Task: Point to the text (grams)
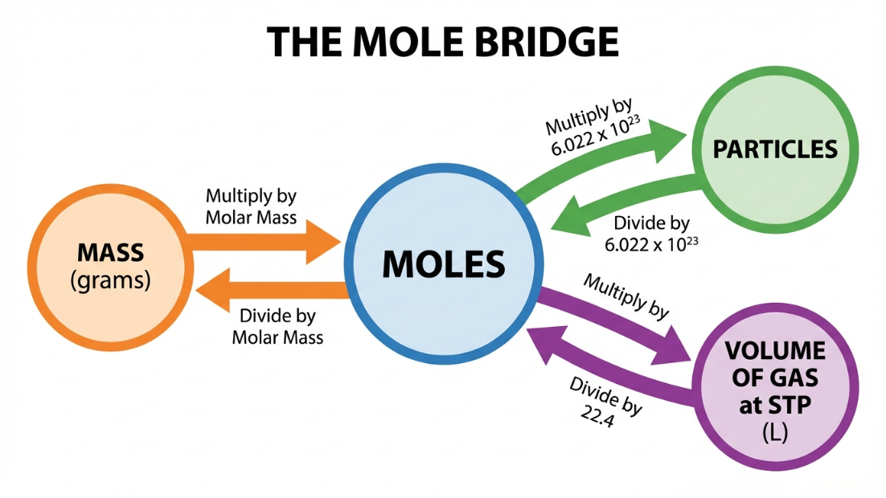[110, 281]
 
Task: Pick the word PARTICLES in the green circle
[775, 149]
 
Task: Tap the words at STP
[775, 404]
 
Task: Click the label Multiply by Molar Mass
[251, 206]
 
